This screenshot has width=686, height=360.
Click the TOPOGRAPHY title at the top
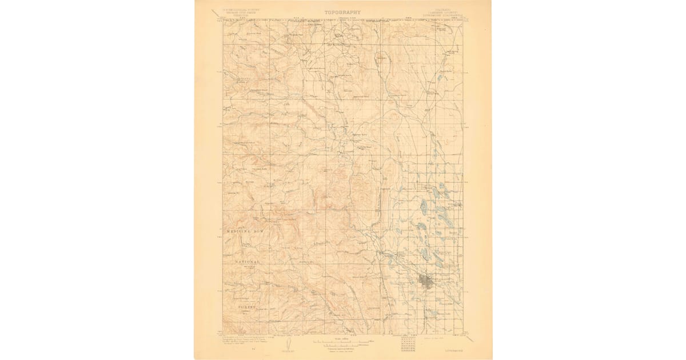(343, 12)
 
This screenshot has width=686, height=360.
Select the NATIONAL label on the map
(247, 262)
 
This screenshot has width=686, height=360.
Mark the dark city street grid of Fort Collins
(426, 281)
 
